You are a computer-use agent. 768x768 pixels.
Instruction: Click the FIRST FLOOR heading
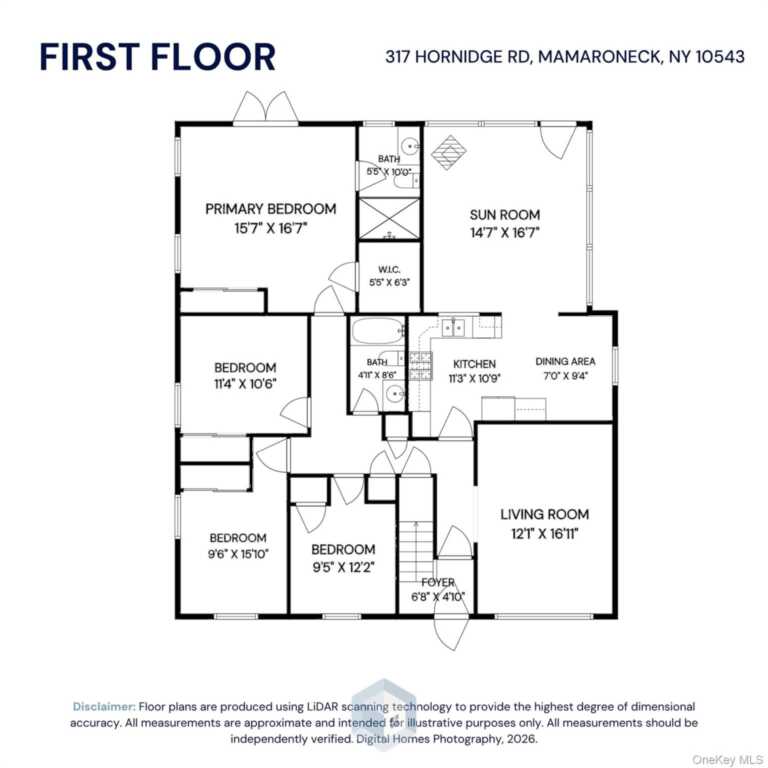coord(157,57)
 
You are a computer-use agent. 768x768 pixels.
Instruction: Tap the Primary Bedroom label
coord(270,209)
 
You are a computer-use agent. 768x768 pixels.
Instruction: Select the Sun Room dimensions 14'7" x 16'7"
coord(504,233)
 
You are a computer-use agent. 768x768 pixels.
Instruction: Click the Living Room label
coord(545,514)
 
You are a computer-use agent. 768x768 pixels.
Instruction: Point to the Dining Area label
coord(565,361)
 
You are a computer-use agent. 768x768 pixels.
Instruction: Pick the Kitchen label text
coord(474,364)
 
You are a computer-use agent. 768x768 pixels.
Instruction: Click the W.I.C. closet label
coord(389,269)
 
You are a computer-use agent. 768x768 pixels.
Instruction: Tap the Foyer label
coord(438,582)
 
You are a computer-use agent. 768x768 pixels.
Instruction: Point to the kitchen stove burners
coord(421,366)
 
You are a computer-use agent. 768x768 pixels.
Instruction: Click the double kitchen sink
coord(453,328)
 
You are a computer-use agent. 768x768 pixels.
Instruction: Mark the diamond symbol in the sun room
coord(448,152)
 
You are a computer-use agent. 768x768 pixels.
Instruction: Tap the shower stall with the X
coord(389,219)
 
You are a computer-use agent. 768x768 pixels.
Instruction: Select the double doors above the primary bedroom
coord(265,108)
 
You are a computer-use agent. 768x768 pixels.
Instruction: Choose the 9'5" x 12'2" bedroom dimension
coord(343,567)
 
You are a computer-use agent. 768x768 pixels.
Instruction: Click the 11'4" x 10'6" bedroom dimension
coord(245,384)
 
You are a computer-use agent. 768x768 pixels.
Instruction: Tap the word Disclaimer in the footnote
coord(104,706)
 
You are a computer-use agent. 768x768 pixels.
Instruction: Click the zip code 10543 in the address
coord(720,57)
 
